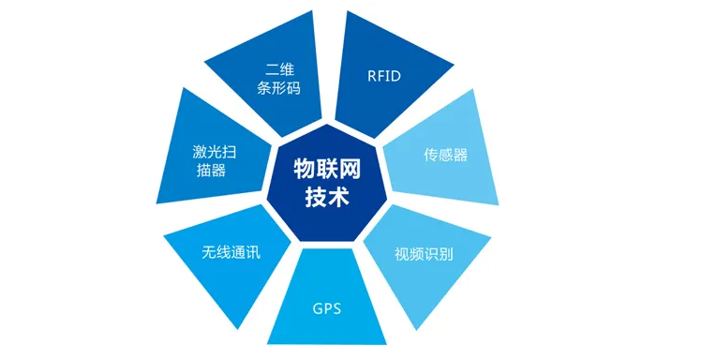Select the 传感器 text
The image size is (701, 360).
pos(446,156)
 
